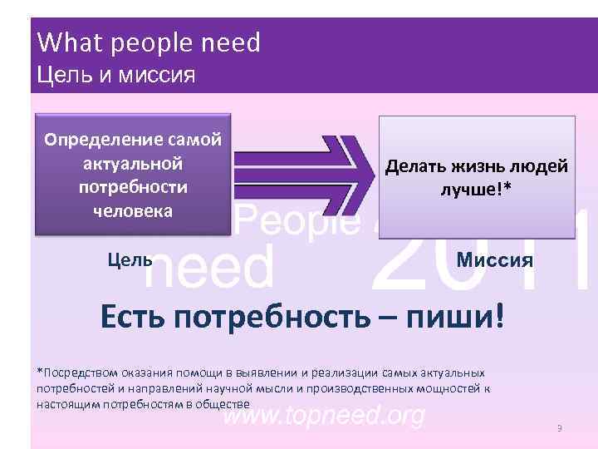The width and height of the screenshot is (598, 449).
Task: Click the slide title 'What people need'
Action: click(149, 42)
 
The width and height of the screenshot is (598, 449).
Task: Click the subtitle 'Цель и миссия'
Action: click(117, 76)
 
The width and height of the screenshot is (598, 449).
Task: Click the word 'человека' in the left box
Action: click(133, 210)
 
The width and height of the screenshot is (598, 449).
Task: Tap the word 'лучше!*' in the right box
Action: click(476, 190)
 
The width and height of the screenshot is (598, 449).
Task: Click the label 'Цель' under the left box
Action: click(130, 259)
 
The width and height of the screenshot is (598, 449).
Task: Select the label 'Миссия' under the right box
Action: click(495, 262)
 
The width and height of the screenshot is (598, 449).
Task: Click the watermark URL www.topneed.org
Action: click(324, 415)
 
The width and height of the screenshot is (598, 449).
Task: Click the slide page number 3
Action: click(560, 428)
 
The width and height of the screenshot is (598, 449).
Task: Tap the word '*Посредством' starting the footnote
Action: click(76, 373)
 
